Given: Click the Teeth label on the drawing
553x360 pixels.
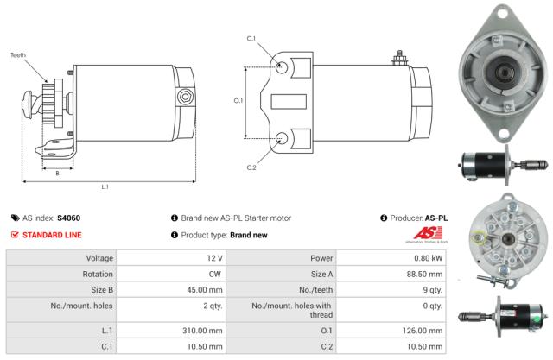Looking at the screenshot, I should click(x=18, y=54).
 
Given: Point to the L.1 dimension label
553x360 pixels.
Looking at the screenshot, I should click(x=104, y=186).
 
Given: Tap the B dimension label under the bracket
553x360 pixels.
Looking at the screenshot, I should click(x=58, y=173).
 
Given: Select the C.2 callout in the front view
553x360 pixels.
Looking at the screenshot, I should click(x=251, y=167).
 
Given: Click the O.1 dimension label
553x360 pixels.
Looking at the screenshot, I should click(x=239, y=101).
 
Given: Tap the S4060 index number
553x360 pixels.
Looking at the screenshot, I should click(x=68, y=218).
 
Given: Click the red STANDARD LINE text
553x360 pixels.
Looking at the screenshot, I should click(x=52, y=235).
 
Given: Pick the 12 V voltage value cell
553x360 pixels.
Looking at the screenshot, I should click(x=214, y=258).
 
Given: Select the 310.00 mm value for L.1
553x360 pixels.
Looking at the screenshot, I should click(x=207, y=330).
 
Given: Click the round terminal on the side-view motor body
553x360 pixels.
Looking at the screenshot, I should click(x=183, y=98).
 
